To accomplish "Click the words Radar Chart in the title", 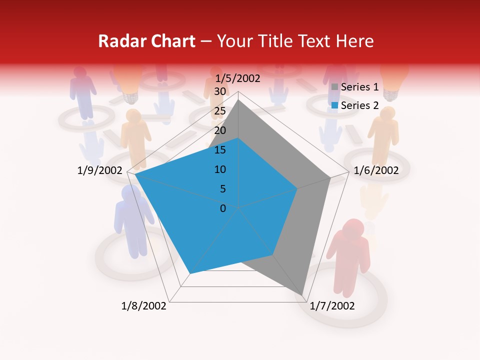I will coord(146,41).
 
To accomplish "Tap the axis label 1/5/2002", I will coord(237,78).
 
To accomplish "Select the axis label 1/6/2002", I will coord(376,170).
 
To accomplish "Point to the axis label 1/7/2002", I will coord(332,306).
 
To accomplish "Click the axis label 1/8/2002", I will coord(144,306).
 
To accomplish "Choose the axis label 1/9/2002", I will coord(100,170).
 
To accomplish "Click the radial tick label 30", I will coord(220,91).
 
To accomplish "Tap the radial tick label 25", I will coord(220,111).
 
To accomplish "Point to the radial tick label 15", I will coord(220,150).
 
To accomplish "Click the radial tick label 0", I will coord(223,208).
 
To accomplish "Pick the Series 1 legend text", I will coord(359,87).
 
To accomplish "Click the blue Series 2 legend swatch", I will coord(334,105).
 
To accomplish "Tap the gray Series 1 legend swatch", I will coord(334,87).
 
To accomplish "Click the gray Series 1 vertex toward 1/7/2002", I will coord(303,294).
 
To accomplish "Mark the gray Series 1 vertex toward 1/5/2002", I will coord(238,100).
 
